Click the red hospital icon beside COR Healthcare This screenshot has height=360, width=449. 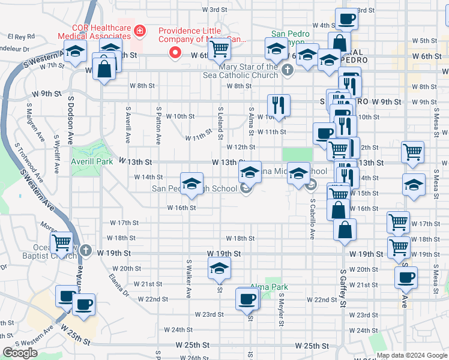pos(140,29)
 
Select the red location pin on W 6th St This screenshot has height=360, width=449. pos(175,53)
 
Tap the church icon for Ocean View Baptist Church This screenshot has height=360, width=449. pos(86,250)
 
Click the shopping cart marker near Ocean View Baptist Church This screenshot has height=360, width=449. pos(62,243)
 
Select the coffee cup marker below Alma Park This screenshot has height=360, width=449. pos(247,298)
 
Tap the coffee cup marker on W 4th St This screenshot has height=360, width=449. pos(346,19)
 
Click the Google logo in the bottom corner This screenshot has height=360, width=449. pos(20,353)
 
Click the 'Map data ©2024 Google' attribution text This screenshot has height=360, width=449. pos(412,355)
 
